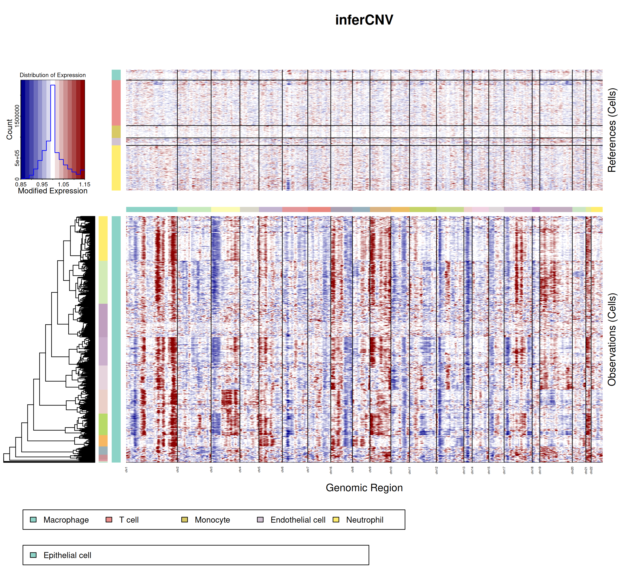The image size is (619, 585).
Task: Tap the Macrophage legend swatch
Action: click(x=33, y=520)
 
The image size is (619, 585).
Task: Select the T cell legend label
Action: click(x=129, y=520)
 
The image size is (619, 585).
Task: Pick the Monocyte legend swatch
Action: click(x=184, y=520)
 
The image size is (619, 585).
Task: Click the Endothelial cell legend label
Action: click(x=298, y=520)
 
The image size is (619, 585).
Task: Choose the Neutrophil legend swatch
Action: click(x=336, y=520)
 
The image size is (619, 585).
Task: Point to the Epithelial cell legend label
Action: click(x=67, y=555)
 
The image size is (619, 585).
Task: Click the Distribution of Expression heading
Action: click(x=53, y=75)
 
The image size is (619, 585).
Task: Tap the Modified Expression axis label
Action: click(x=53, y=191)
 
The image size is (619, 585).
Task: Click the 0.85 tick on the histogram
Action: click(x=21, y=184)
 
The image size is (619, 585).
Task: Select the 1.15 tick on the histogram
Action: click(x=84, y=184)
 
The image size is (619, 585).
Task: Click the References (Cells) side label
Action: click(x=612, y=130)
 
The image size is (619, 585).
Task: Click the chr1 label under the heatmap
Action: click(x=126, y=470)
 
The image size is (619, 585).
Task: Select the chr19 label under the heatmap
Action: click(x=540, y=470)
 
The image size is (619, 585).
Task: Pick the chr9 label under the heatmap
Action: click(x=370, y=470)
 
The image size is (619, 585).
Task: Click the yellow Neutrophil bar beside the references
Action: click(x=116, y=168)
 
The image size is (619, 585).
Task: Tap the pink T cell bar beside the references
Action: click(x=116, y=103)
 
